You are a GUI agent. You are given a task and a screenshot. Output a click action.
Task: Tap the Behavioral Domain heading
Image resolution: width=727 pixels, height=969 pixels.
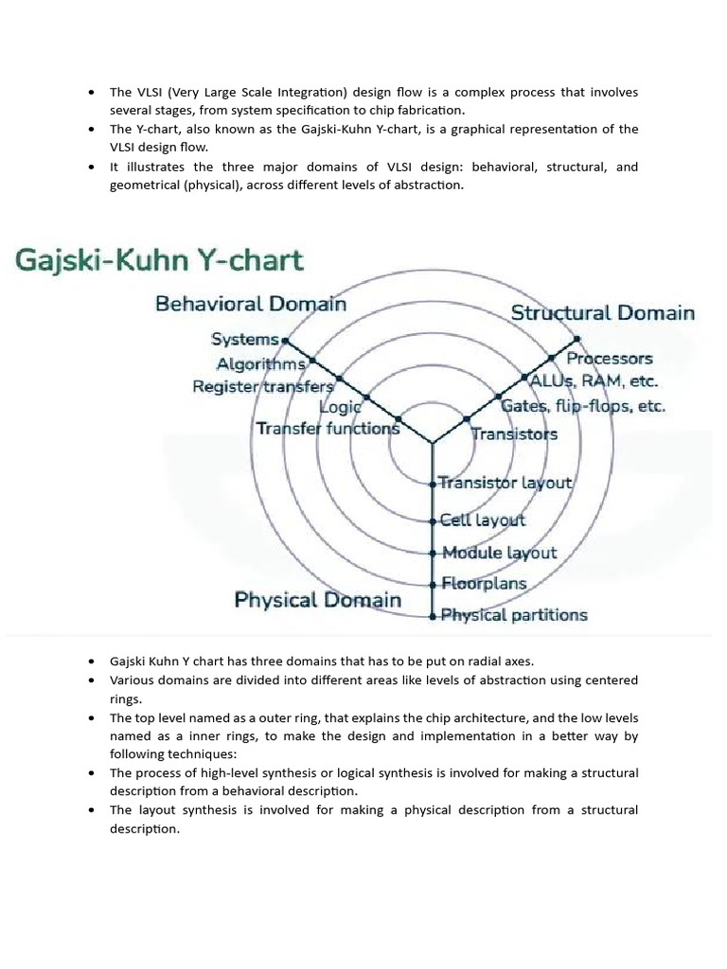click(251, 304)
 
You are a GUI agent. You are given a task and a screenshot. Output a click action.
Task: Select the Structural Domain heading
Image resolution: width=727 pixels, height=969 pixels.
click(603, 312)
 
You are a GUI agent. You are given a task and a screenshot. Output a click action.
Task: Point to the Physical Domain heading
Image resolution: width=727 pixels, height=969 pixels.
click(317, 599)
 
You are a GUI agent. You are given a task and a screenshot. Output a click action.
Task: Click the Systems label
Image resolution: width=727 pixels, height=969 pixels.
click(245, 339)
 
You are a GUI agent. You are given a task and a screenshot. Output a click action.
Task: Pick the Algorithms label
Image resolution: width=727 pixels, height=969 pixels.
click(260, 363)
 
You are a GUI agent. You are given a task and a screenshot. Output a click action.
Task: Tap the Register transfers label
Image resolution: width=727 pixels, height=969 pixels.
click(263, 386)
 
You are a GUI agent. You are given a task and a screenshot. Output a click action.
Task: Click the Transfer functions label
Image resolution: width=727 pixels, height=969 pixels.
click(328, 429)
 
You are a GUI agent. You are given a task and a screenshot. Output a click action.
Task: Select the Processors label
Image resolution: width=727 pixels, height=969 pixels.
click(610, 359)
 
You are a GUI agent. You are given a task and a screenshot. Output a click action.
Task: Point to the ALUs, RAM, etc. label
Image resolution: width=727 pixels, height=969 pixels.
click(594, 381)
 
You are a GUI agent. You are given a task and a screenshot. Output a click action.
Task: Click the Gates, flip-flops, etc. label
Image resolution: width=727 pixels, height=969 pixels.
click(596, 406)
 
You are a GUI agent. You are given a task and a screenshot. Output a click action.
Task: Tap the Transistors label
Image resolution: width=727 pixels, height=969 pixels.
click(514, 434)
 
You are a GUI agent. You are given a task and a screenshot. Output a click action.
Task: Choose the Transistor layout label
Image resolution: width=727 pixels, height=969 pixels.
click(506, 483)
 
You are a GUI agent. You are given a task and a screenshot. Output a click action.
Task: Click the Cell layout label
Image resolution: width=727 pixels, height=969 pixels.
click(483, 520)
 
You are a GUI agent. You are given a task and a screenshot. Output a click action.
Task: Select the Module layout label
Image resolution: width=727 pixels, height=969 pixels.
click(499, 553)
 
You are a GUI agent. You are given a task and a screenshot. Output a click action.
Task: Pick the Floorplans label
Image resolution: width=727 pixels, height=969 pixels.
click(484, 583)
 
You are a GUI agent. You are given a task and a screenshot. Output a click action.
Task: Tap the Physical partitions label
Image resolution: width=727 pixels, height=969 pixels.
click(514, 615)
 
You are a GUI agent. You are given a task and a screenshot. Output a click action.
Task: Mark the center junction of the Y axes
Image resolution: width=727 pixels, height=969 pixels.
click(433, 442)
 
